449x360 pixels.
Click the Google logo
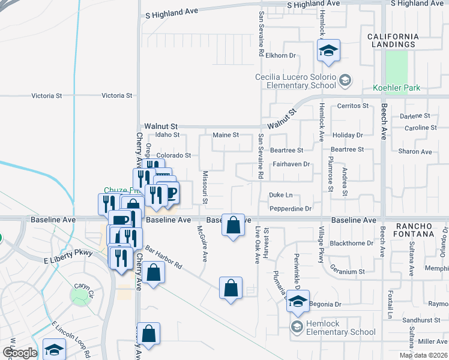click(x=20, y=352)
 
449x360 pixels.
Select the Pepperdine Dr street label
click(x=291, y=209)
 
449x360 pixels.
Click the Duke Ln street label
click(x=280, y=195)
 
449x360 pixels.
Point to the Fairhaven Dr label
click(x=291, y=164)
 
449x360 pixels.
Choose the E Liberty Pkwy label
click(x=67, y=253)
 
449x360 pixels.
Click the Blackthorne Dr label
click(x=352, y=244)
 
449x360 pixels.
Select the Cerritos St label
click(x=352, y=106)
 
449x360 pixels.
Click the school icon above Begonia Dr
click(x=298, y=301)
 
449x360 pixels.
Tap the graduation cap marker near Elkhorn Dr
click(x=328, y=50)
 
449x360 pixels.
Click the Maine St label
click(x=226, y=135)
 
